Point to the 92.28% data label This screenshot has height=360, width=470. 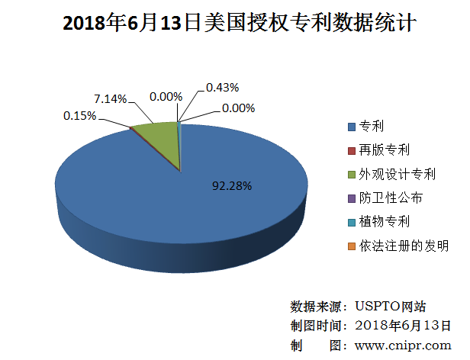coord(232,185)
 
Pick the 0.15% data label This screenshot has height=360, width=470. coord(79,115)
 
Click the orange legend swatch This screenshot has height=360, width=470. coord(351,246)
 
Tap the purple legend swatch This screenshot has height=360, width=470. coord(351,198)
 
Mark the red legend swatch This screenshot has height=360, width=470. coord(351,150)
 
